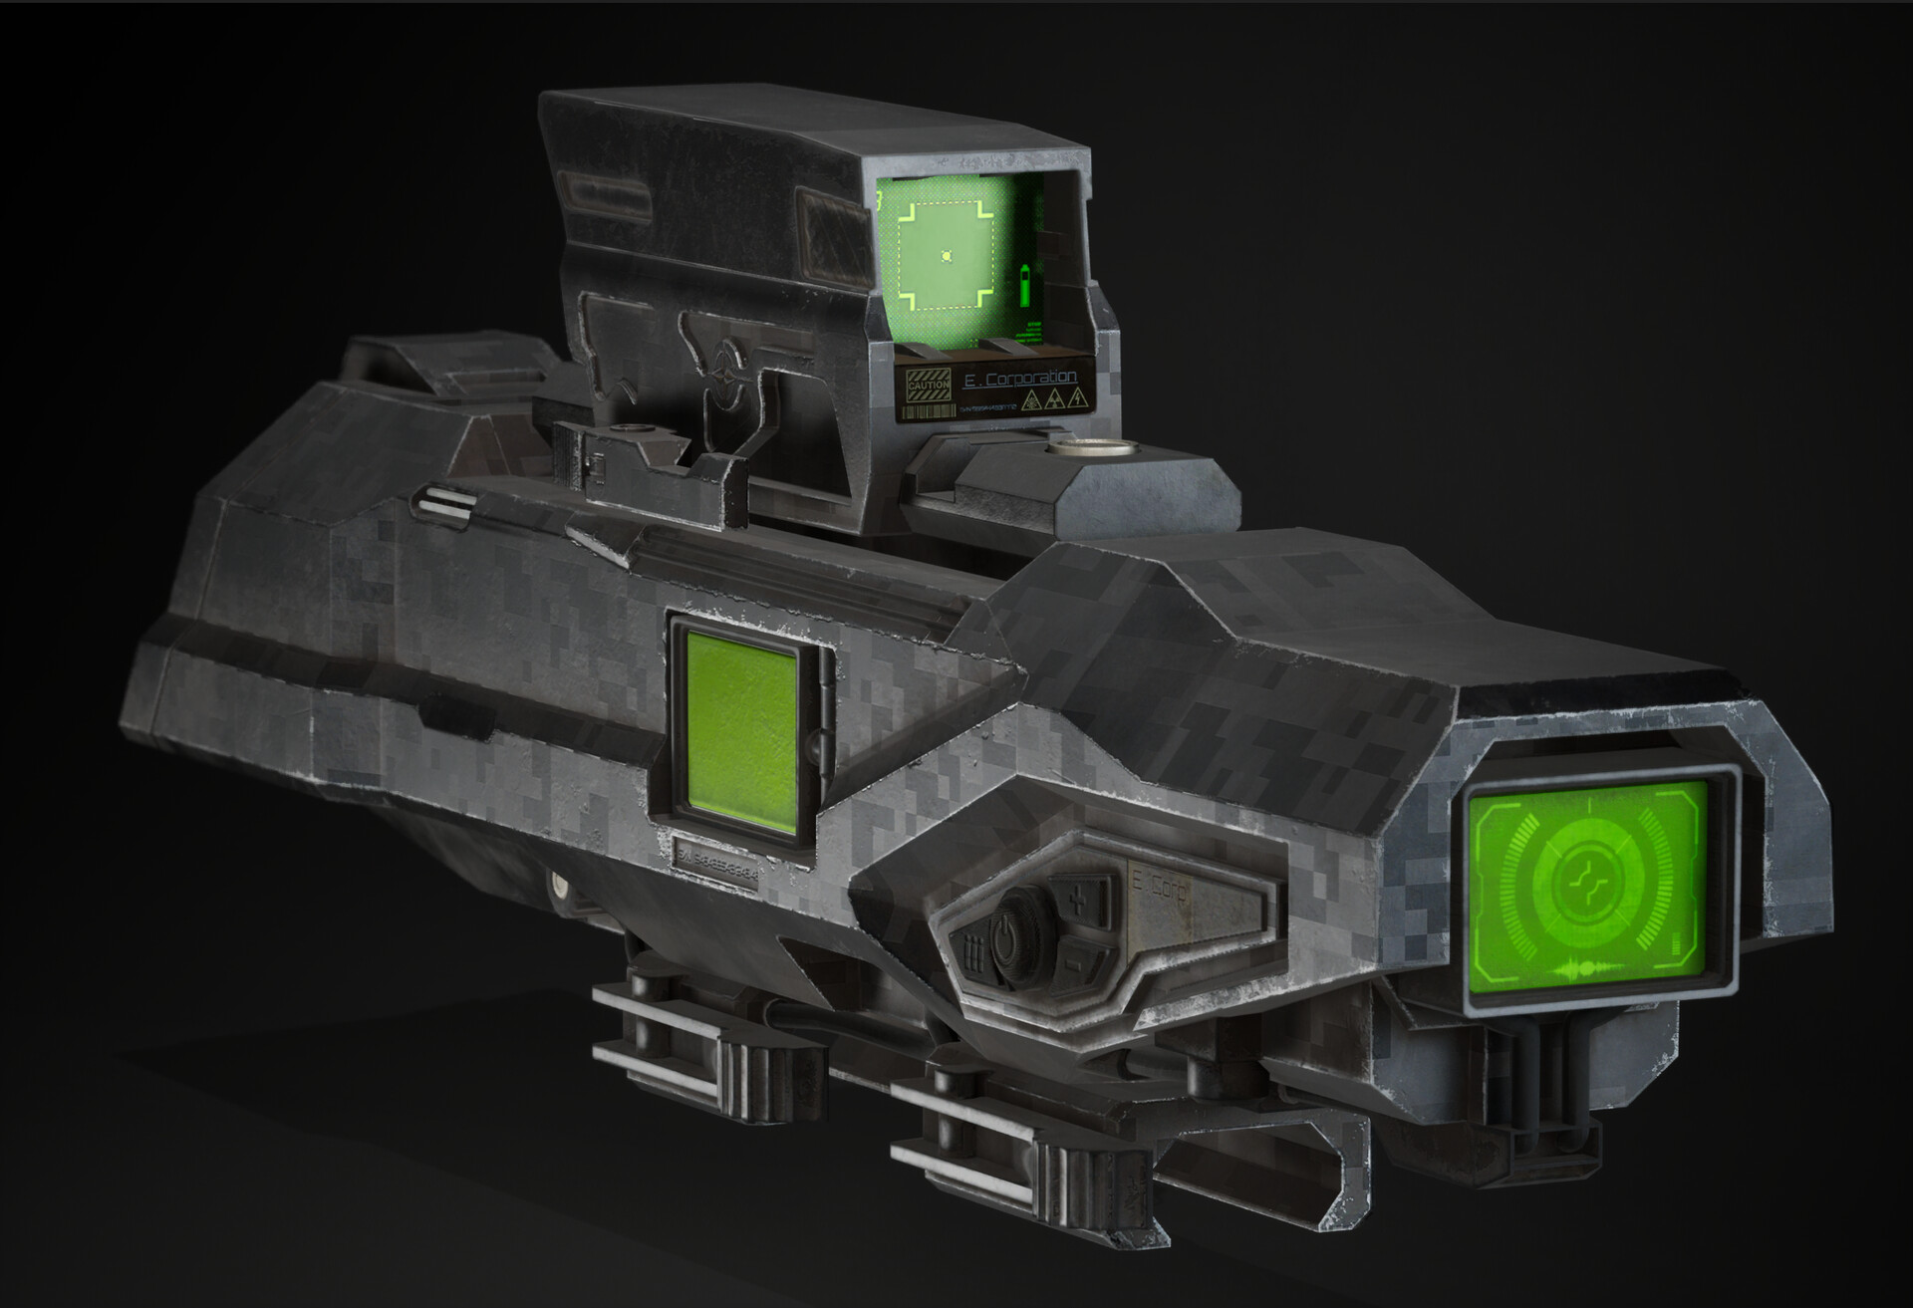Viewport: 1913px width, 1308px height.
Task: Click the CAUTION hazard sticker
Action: tap(929, 384)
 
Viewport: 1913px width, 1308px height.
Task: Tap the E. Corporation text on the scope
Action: tap(1020, 378)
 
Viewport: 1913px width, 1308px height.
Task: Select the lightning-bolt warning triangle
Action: tap(1075, 400)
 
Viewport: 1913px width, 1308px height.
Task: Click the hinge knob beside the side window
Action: tap(819, 740)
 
